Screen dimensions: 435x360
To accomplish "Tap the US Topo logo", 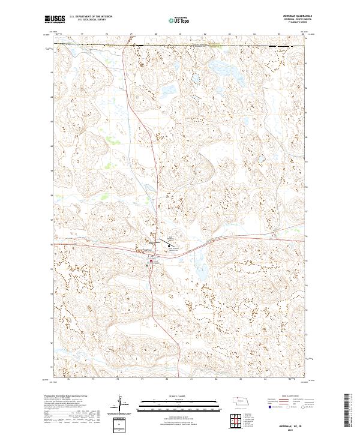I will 174,20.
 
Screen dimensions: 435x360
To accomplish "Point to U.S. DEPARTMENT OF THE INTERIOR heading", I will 91,17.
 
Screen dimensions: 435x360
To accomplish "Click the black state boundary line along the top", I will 180,44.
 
